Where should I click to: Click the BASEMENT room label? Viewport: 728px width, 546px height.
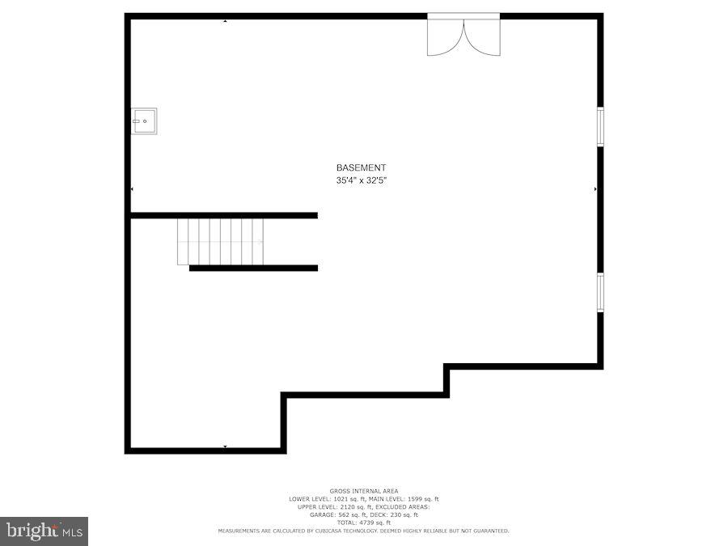(362, 167)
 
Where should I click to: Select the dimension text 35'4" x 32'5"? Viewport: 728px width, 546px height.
(362, 181)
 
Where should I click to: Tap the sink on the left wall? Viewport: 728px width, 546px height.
(144, 121)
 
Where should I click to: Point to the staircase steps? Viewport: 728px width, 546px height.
(220, 241)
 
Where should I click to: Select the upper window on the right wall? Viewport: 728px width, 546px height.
(600, 127)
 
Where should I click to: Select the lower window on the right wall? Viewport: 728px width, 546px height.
(600, 292)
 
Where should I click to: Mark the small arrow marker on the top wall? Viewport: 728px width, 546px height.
(225, 20)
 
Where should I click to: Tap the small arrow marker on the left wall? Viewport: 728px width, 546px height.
(132, 189)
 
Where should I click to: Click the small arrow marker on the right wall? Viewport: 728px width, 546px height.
(595, 189)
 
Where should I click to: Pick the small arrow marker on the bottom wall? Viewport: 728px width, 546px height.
(225, 446)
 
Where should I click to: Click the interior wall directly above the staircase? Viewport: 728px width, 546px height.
(224, 215)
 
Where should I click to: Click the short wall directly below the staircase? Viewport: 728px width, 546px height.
(253, 268)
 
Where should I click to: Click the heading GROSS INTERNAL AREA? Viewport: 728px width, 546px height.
(363, 491)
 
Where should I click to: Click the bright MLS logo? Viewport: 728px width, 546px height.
(44, 531)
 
